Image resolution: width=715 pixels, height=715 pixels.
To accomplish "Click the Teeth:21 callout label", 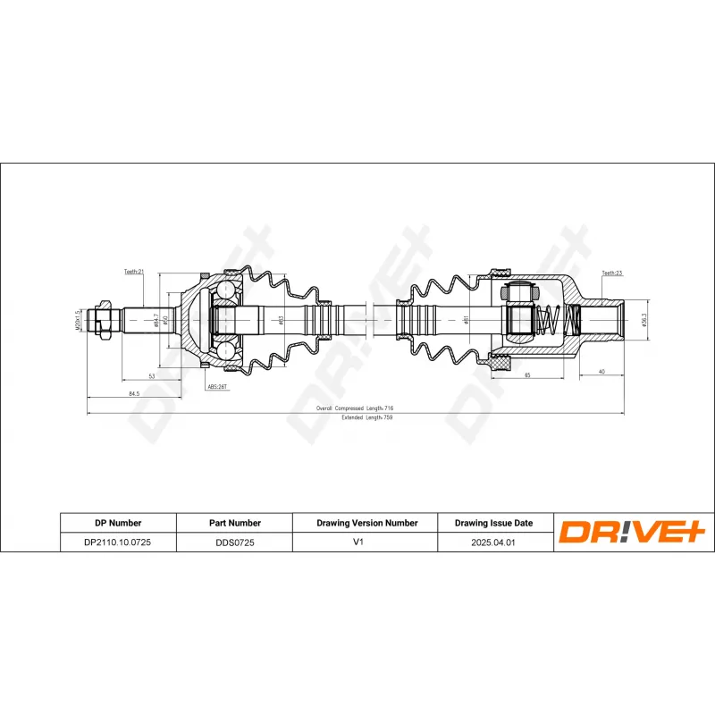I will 133,272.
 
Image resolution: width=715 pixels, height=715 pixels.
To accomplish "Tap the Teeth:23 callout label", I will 611,273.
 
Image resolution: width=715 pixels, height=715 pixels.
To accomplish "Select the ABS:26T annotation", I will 217,387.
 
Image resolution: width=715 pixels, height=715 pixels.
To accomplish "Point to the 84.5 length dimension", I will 133,392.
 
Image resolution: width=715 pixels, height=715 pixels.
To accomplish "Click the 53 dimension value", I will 152,376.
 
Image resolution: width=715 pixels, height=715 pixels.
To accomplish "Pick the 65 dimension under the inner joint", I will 527,376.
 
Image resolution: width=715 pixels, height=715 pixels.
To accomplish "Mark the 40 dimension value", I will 601,371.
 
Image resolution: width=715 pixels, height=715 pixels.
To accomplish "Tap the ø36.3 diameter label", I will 643,318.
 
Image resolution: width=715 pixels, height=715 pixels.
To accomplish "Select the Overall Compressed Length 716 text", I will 355,408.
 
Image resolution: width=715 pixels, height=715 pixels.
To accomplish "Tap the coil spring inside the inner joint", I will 551,319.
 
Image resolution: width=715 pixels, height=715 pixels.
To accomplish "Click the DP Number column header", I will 118,523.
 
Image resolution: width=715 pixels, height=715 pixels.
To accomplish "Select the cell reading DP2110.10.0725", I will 118,542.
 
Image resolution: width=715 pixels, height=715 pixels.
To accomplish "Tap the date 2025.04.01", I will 493,542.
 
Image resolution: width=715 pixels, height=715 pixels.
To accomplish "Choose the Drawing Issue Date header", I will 493,523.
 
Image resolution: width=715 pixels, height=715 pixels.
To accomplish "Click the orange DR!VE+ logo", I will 633,533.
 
